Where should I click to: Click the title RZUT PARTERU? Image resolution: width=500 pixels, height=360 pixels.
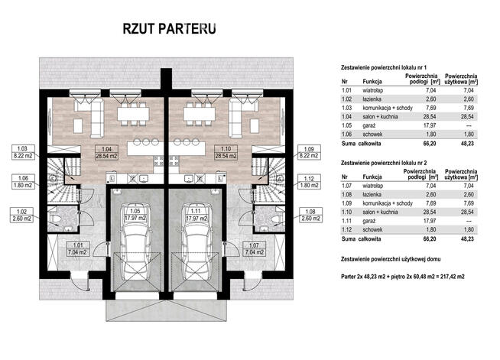[x=168, y=28]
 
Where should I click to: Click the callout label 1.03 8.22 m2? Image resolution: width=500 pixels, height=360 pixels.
[x=22, y=151]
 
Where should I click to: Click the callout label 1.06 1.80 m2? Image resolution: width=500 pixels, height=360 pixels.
[x=22, y=181]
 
